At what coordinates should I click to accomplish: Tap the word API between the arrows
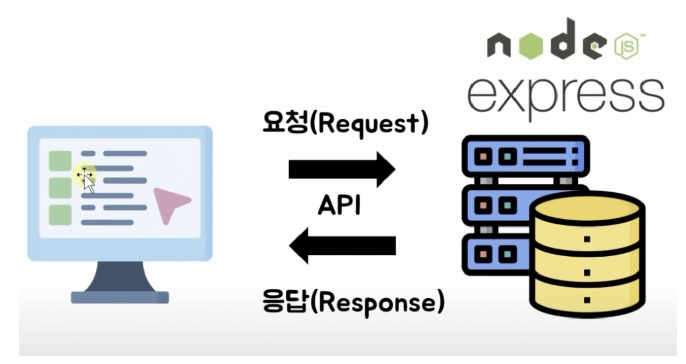pos(339,207)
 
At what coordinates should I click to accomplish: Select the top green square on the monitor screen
pos(60,160)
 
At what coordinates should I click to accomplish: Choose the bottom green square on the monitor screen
pos(60,215)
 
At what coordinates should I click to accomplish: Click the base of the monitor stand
pos(120,297)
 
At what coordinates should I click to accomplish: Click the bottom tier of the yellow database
pos(587,298)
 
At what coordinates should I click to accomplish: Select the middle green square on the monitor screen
pos(60,188)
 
